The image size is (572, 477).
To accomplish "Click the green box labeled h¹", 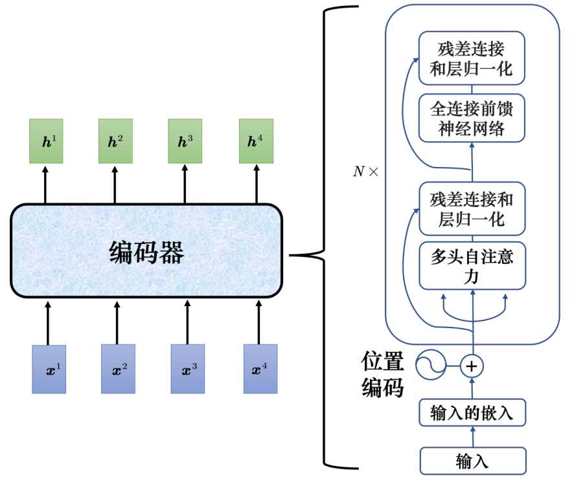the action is [x=47, y=141].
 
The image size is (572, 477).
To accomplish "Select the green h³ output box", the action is [x=185, y=141].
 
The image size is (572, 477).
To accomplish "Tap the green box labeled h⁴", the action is [x=256, y=141].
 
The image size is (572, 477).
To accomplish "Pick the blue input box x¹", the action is [x=49, y=369].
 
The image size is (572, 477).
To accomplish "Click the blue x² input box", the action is [x=118, y=369].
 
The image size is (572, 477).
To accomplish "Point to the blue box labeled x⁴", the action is [x=260, y=369].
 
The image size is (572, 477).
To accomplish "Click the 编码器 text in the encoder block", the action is [x=146, y=252].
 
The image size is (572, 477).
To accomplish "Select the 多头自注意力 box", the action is [x=472, y=265].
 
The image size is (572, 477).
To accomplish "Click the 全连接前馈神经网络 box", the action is [x=472, y=118].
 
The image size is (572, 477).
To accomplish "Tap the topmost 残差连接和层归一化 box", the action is [x=472, y=58].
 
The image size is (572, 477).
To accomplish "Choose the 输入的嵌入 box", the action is [x=472, y=412].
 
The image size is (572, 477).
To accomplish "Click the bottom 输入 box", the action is [x=473, y=461].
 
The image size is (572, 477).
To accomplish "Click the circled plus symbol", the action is [x=472, y=366].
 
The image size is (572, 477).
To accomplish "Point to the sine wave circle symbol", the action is [x=431, y=365].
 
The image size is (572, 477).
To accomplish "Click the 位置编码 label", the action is [x=382, y=374].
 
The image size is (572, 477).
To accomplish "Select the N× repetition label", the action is [x=366, y=172].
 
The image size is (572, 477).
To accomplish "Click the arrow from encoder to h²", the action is [x=115, y=184].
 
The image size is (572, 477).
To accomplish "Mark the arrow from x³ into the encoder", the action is [x=187, y=322].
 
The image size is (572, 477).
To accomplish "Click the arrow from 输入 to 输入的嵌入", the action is [x=473, y=437].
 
